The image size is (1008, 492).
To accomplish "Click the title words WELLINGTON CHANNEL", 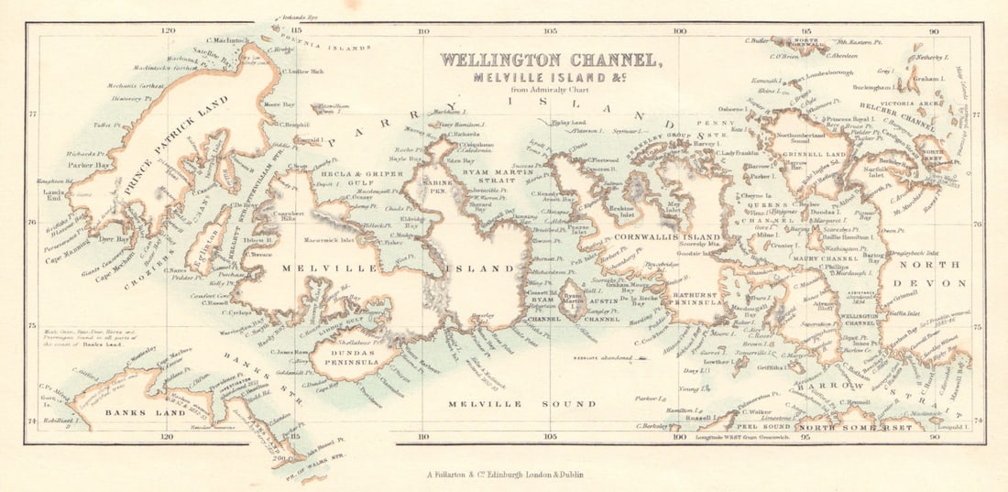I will (549, 60).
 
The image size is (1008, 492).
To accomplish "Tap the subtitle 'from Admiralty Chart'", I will (550, 89).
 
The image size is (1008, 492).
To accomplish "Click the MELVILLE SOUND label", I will (521, 403).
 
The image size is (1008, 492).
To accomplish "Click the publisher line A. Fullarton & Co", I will (504, 475).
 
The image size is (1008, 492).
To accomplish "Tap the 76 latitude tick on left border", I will (33, 223).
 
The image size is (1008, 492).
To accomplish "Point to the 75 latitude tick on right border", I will (977, 323).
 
